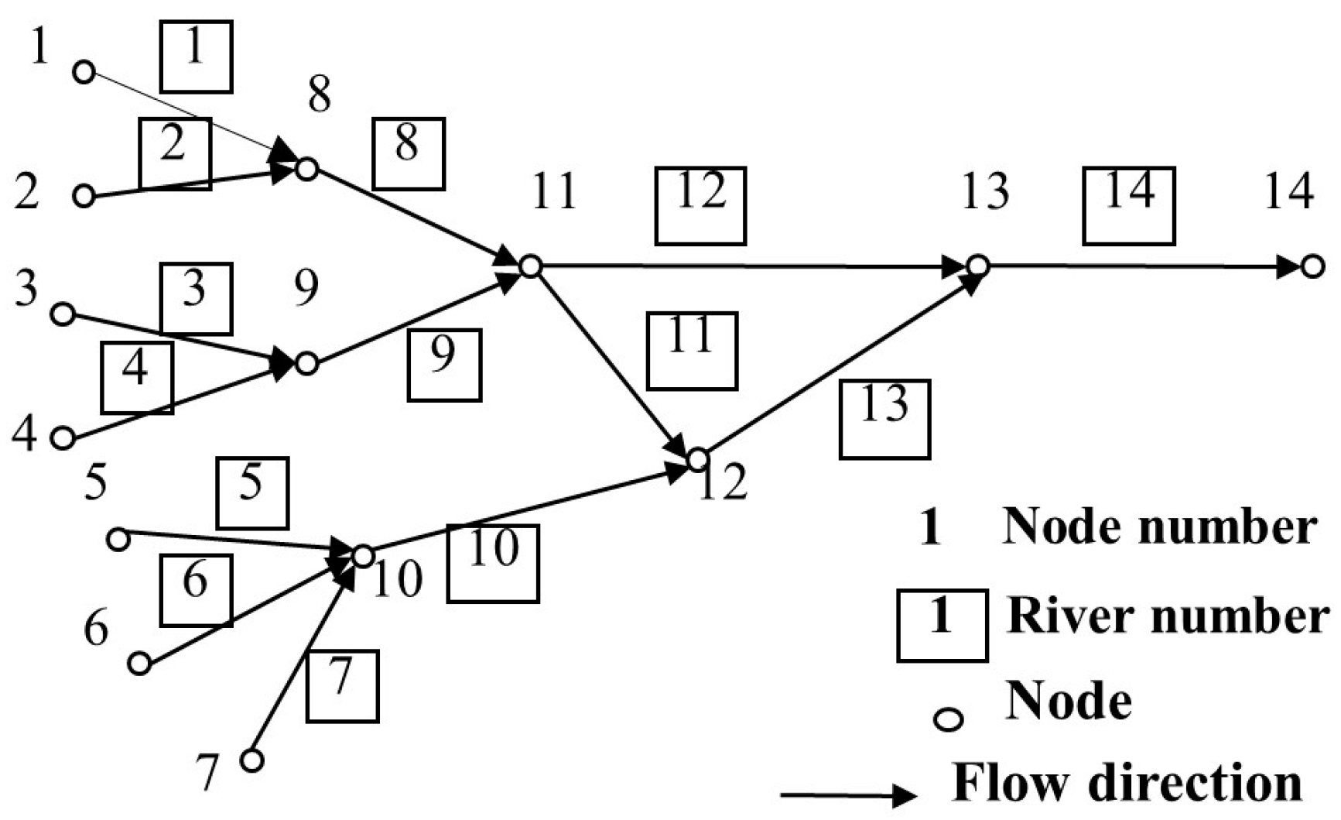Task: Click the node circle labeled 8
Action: (x=307, y=168)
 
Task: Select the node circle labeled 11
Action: (x=529, y=266)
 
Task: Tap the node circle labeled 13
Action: (x=978, y=266)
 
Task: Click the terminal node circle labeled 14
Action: (x=1312, y=267)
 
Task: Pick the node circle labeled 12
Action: (x=698, y=459)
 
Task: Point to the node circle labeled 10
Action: (x=363, y=555)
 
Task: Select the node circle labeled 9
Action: (x=307, y=363)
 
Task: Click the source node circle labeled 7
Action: (x=252, y=760)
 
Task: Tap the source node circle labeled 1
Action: (x=84, y=73)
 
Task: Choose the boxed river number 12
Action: (x=700, y=205)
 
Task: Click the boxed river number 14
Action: (x=1128, y=205)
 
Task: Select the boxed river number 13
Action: (x=884, y=419)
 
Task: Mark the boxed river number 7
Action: (x=342, y=686)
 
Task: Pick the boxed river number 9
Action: (x=444, y=365)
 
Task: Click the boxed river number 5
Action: (x=252, y=493)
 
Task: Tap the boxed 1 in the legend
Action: (x=942, y=625)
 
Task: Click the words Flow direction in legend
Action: (x=1127, y=782)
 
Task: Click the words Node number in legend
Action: (x=1158, y=527)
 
